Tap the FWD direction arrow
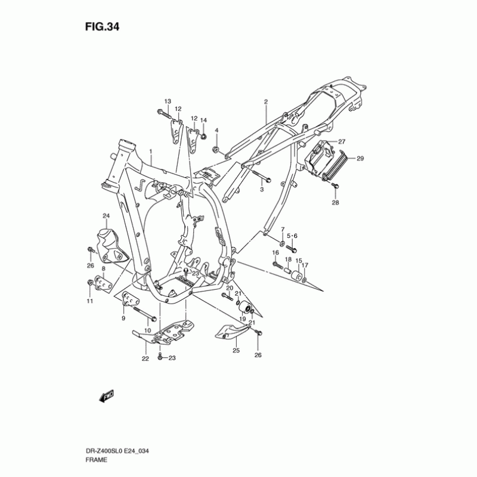(x=106, y=396)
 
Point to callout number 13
(x=168, y=101)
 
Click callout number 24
(x=106, y=216)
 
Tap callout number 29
(x=360, y=159)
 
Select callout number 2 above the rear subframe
(x=266, y=102)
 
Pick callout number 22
(x=145, y=359)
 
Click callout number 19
(x=242, y=319)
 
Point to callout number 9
(x=123, y=319)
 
